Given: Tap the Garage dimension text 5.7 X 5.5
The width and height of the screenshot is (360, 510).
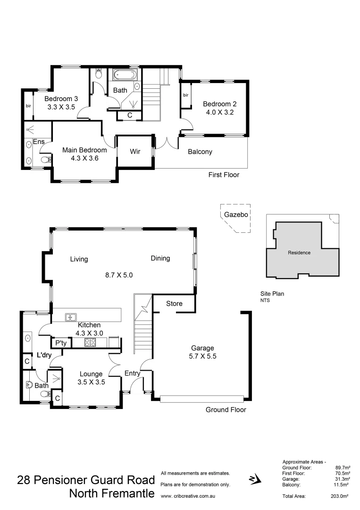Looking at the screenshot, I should click(202, 357).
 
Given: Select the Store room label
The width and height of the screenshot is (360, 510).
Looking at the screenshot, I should click(174, 304).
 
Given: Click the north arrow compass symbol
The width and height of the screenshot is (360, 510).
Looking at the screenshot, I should click(253, 480).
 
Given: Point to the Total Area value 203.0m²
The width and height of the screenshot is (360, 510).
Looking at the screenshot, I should click(339, 496).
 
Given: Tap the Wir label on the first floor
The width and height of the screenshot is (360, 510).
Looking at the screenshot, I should click(135, 152).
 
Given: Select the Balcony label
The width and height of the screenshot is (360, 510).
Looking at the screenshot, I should click(200, 152).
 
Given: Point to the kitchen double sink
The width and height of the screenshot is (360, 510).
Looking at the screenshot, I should click(72, 317).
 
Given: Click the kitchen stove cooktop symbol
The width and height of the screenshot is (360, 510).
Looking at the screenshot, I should click(90, 342).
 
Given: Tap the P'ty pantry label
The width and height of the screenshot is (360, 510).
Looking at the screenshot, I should click(60, 343).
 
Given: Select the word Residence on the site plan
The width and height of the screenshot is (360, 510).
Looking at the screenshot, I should click(299, 253).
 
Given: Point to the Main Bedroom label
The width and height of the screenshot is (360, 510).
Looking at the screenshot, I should click(84, 150).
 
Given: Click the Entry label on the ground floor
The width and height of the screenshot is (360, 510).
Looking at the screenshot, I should click(133, 374).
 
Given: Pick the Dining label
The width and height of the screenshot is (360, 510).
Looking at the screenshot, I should click(160, 258).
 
